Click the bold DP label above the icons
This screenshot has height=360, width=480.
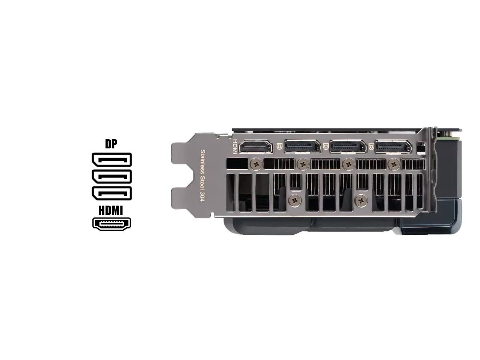pos(111,144)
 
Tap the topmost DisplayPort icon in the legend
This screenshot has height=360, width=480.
pos(112,160)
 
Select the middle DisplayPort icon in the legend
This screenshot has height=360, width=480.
pos(112,176)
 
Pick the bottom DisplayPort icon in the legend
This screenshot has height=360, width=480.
pos(112,193)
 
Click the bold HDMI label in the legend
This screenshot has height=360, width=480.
pos(111,210)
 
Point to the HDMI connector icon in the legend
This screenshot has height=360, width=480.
pos(112,224)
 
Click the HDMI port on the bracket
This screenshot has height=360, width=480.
pos(256,146)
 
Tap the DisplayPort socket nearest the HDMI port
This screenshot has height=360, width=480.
pos(303,146)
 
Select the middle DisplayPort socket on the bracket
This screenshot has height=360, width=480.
pos(348,146)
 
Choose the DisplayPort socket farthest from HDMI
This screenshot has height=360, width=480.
pos(393,146)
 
